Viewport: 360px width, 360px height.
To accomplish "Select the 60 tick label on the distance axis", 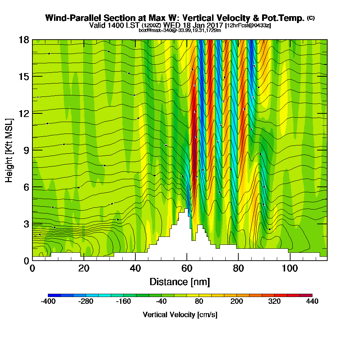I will tap(186, 269).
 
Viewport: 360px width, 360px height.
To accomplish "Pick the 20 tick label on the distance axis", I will tap(84, 269).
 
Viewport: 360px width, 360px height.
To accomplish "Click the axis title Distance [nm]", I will tap(180, 282).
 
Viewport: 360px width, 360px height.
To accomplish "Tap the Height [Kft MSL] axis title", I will tap(9, 150).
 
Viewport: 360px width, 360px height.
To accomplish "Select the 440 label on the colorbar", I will tap(312, 302).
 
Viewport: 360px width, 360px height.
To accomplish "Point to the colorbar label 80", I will tap(199, 302).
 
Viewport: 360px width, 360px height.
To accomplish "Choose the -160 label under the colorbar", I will tap(123, 302).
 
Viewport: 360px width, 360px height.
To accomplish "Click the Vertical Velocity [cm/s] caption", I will tap(180, 315).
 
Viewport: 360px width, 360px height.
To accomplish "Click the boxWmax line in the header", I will tap(180, 30).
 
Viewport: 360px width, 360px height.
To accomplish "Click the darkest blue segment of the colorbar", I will tap(54, 295).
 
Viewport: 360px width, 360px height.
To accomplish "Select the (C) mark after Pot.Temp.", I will tap(311, 18).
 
